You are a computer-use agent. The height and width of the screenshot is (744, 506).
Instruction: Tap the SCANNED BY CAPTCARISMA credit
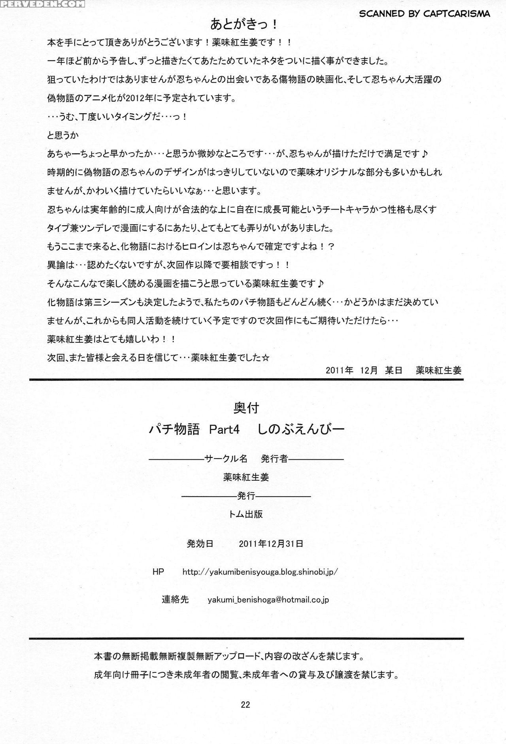[424, 14]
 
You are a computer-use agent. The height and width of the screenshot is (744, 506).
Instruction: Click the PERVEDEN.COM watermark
[42, 4]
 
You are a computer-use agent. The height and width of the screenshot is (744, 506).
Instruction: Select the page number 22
[245, 704]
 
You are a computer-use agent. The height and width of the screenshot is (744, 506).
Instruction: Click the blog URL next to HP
[260, 572]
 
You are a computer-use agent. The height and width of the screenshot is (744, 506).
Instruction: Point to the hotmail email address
[268, 600]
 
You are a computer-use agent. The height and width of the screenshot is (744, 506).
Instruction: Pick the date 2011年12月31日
[271, 544]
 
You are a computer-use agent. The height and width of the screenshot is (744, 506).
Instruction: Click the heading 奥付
[246, 408]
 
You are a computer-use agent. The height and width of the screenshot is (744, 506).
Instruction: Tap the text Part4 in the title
[224, 430]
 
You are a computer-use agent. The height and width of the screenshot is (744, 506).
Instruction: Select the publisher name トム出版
[245, 514]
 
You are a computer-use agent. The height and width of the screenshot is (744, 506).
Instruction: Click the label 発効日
[200, 544]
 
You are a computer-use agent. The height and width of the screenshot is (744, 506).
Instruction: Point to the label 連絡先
[175, 600]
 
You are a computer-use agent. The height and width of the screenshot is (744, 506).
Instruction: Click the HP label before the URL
[158, 572]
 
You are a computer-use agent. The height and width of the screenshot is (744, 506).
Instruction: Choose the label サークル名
[226, 459]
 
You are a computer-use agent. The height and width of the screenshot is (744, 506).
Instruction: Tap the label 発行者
[274, 459]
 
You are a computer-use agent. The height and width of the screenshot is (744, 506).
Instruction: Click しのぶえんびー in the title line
[301, 430]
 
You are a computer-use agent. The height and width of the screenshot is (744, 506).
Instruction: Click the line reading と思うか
[63, 135]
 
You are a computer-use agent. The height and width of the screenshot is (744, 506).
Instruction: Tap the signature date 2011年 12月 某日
[364, 370]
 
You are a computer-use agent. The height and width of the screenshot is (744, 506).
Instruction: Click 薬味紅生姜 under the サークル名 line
[246, 477]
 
